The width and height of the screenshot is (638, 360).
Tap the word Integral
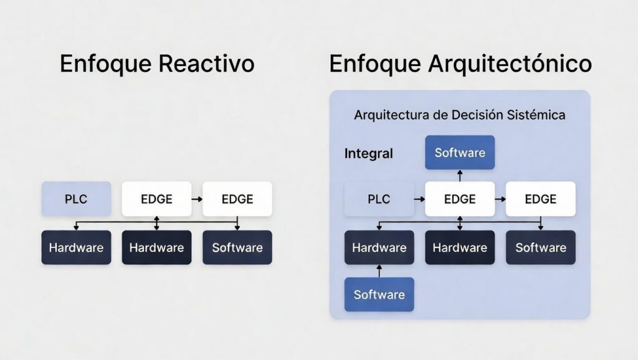pyautogui.click(x=369, y=153)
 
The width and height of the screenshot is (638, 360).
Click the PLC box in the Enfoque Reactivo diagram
pyautogui.click(x=76, y=199)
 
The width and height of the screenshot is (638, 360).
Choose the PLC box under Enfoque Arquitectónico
pyautogui.click(x=379, y=199)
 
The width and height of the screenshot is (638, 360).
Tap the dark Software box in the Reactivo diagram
pyautogui.click(x=237, y=247)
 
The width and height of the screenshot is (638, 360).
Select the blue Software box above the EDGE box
pyautogui.click(x=460, y=153)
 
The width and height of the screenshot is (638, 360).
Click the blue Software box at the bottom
pyautogui.click(x=379, y=295)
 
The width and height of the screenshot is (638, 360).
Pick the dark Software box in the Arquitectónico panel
pyautogui.click(x=540, y=247)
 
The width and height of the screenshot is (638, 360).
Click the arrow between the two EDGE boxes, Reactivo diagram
pyautogui.click(x=196, y=199)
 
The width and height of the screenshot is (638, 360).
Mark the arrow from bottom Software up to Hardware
pyautogui.click(x=379, y=271)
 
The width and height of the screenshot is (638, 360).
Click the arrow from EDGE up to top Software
pyautogui.click(x=460, y=176)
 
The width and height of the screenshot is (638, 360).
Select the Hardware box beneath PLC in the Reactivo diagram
pyautogui.click(x=76, y=247)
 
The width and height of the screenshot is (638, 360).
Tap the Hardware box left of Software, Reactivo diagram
pyautogui.click(x=156, y=247)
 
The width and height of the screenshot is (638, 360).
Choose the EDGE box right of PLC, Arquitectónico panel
pyautogui.click(x=460, y=199)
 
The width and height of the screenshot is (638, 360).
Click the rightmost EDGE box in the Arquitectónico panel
pyautogui.click(x=540, y=199)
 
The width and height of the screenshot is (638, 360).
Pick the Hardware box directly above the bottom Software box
pyautogui.click(x=379, y=247)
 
